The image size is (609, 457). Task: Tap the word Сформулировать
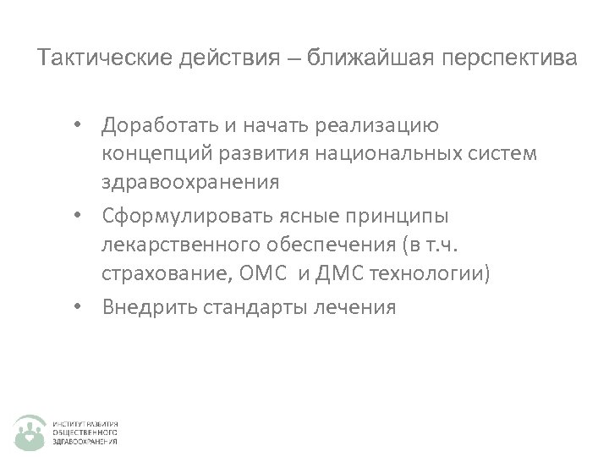tap(185, 217)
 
